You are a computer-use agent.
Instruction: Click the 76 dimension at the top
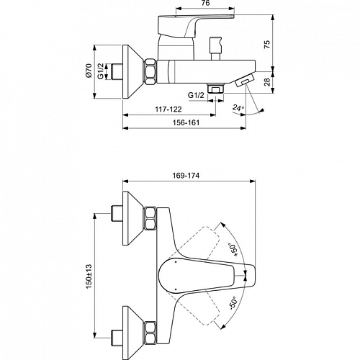[206, 3]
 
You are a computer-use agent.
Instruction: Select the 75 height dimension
[267, 45]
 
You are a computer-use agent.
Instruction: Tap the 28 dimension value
[267, 82]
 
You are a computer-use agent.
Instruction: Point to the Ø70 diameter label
[89, 71]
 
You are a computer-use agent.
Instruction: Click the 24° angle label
[238, 108]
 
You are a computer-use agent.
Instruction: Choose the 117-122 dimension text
[168, 109]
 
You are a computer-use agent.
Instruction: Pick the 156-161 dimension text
[186, 122]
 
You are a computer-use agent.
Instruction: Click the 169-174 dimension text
[186, 176]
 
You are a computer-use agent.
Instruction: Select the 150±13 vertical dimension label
[89, 276]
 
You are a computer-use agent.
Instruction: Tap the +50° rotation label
[233, 250]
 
